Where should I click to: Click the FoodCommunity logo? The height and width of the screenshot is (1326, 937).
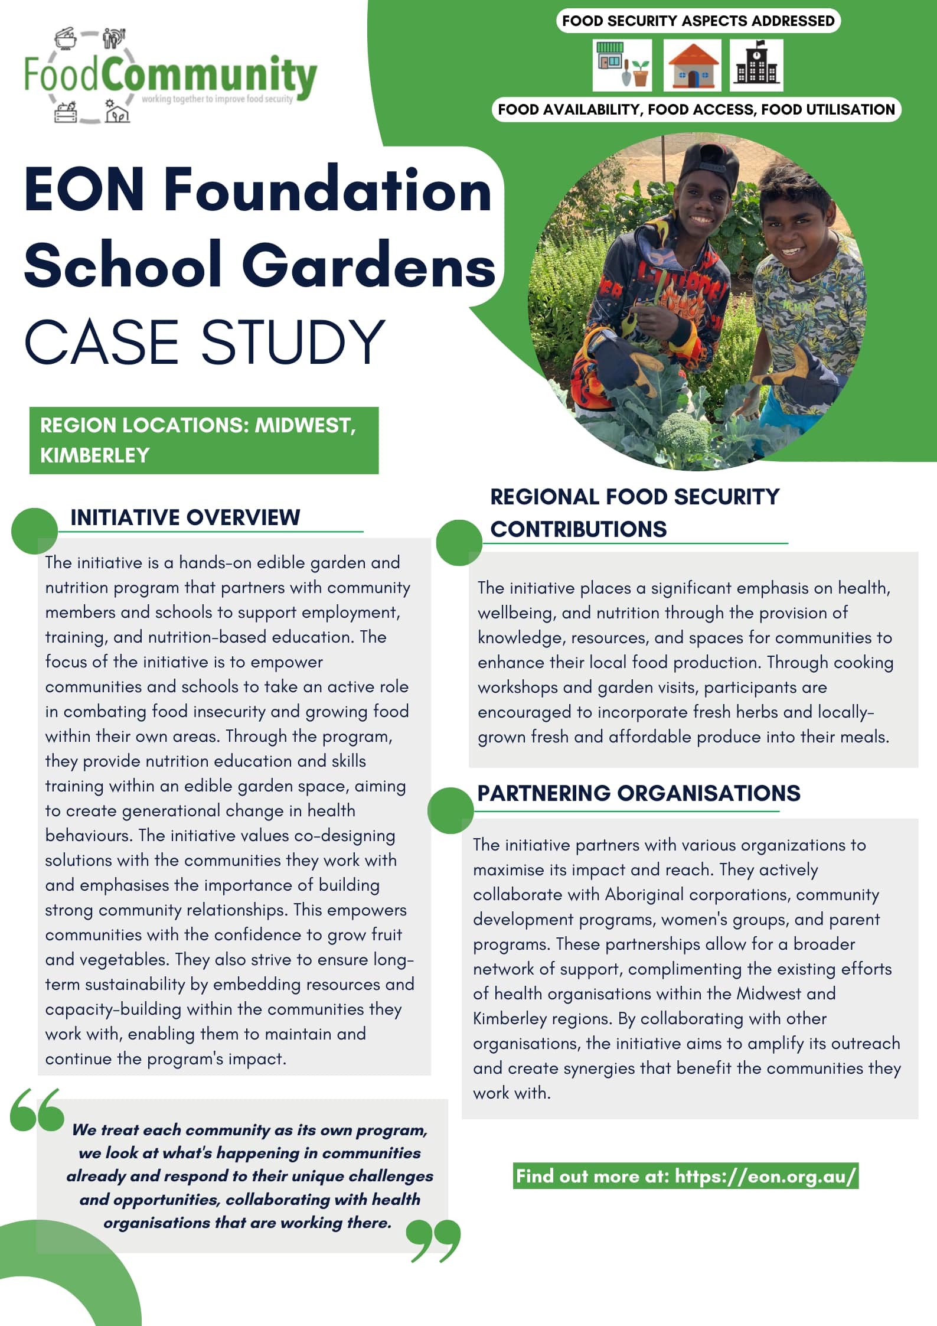[x=170, y=76]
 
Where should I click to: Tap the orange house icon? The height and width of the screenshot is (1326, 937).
[x=692, y=66]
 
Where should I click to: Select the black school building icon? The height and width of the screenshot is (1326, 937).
[x=756, y=66]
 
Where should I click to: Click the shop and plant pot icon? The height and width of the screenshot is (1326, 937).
[x=622, y=66]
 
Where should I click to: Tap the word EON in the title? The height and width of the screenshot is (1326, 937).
[x=84, y=190]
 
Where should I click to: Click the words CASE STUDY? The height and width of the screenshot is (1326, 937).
[x=204, y=342]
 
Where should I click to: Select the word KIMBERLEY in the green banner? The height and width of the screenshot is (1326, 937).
[x=95, y=455]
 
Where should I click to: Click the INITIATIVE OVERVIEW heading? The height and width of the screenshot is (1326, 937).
[x=185, y=517]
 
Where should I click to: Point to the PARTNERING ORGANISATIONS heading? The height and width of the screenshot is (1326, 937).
[x=638, y=793]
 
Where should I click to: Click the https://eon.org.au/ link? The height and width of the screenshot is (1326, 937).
[x=765, y=1176]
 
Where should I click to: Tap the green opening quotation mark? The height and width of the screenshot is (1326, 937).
[x=37, y=1110]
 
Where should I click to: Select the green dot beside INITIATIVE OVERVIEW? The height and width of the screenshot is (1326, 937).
[x=34, y=530]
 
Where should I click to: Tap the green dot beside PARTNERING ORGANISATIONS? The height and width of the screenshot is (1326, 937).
[x=450, y=810]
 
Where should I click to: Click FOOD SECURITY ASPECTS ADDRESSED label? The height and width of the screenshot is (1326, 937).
[x=698, y=21]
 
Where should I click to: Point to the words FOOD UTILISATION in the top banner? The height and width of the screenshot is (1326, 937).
[x=828, y=110]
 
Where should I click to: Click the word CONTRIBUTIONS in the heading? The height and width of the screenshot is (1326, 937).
[x=578, y=529]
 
